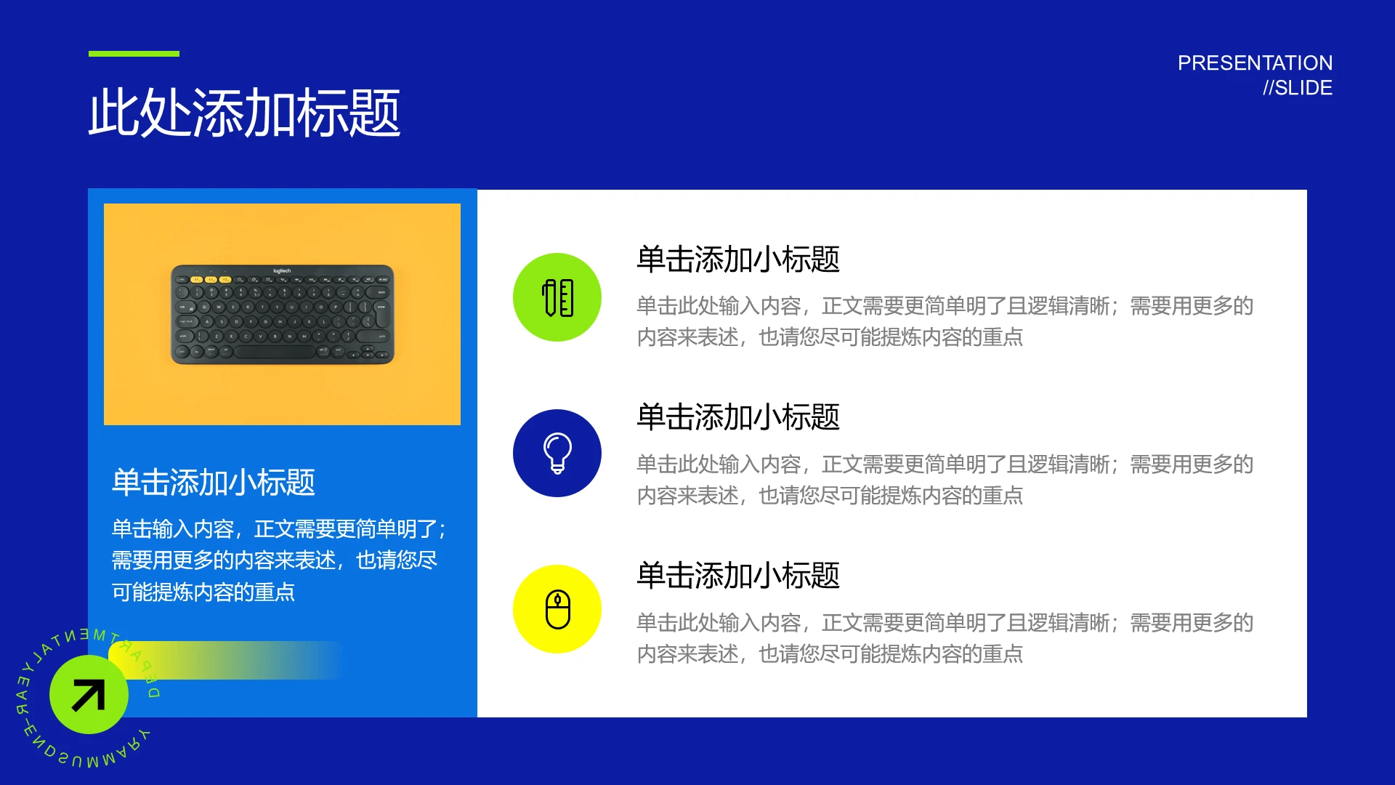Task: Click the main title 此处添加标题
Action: tap(244, 113)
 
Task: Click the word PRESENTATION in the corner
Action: tap(1255, 63)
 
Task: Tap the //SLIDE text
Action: tap(1297, 88)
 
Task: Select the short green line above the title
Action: tap(134, 54)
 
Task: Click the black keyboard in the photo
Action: tap(282, 315)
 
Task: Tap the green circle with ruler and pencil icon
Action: tap(557, 297)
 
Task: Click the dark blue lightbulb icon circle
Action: tap(557, 453)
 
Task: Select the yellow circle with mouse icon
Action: tap(557, 609)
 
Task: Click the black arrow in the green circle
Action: tap(89, 695)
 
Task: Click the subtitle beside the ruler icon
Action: tap(738, 259)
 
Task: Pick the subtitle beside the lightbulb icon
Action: tap(738, 417)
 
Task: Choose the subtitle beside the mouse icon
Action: tap(738, 576)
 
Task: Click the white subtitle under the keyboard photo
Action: tap(213, 482)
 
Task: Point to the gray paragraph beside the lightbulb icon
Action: tap(945, 480)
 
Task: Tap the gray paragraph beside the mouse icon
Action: tap(945, 638)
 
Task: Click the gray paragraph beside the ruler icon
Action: tap(945, 321)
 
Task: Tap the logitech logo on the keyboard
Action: tap(282, 271)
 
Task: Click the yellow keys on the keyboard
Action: tap(211, 279)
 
